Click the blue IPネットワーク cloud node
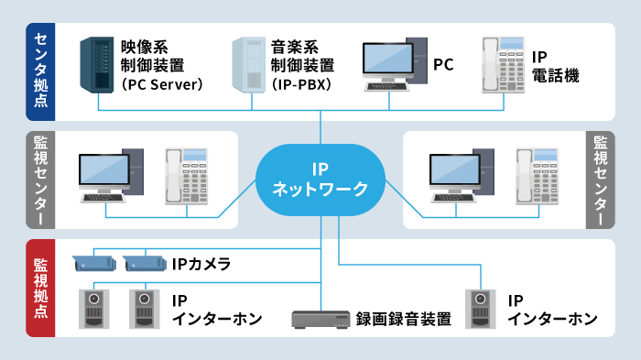point(320,180)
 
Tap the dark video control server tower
point(98,65)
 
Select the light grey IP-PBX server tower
point(250,65)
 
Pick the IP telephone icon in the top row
point(502,65)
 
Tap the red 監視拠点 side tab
point(40,288)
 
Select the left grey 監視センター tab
point(40,180)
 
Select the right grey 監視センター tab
point(601,180)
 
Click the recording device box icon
point(320,319)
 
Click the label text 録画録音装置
point(403,320)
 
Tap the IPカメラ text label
point(201,265)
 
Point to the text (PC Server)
point(162,85)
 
